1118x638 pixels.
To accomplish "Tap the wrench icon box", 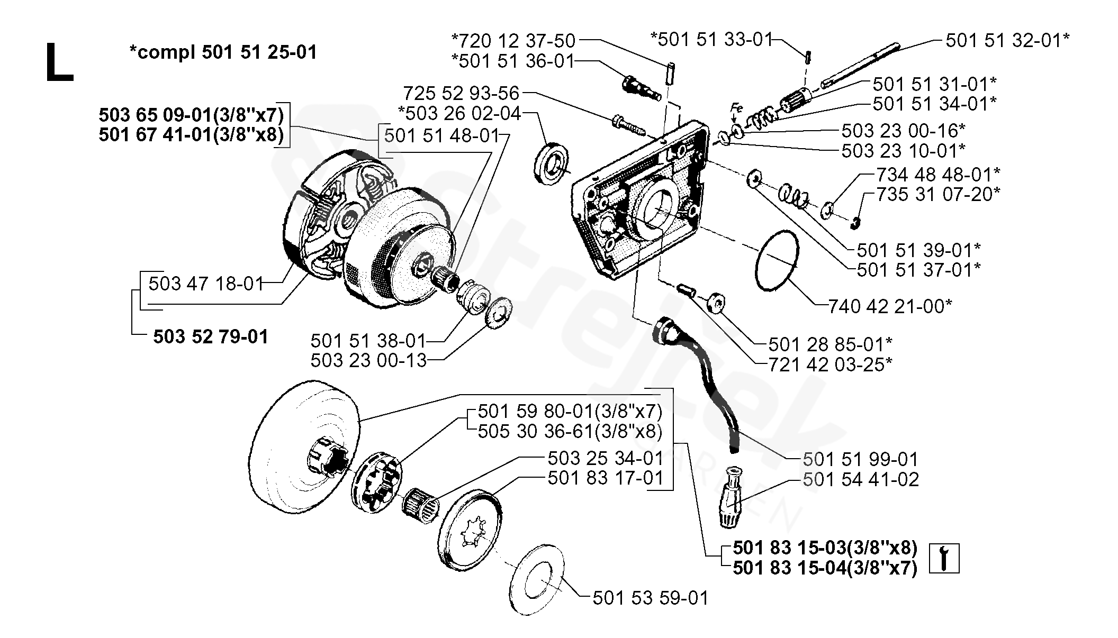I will [944, 558].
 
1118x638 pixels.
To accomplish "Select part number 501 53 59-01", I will [650, 598].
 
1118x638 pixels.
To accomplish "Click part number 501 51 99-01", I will [860, 459].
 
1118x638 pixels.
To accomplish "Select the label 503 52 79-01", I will [211, 336].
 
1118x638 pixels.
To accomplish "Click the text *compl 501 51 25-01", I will [223, 52].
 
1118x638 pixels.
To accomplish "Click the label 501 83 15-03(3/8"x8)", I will [825, 548].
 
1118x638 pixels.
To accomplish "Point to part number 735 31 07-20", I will [938, 194].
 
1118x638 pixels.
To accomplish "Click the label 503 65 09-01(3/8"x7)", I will [191, 115].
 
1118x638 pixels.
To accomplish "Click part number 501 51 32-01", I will [1007, 40].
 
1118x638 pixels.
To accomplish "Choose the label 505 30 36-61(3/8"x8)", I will [570, 431].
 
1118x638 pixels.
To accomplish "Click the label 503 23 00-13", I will [368, 361].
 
